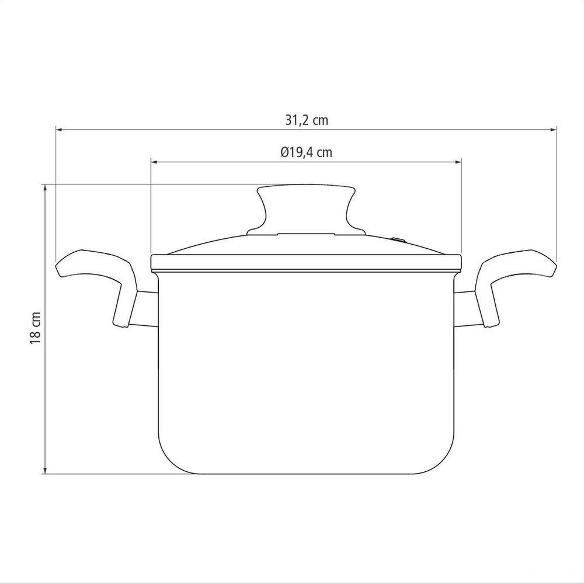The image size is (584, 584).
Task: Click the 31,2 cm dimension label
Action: click(307, 120)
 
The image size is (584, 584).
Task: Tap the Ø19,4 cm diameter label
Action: click(306, 152)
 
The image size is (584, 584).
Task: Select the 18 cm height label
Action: click(36, 328)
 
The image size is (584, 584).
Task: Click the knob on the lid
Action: click(306, 208)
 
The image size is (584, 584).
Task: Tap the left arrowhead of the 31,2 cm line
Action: click(58, 130)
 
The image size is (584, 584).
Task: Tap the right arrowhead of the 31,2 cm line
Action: click(554, 130)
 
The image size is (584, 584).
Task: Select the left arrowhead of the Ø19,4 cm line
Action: click(154, 162)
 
